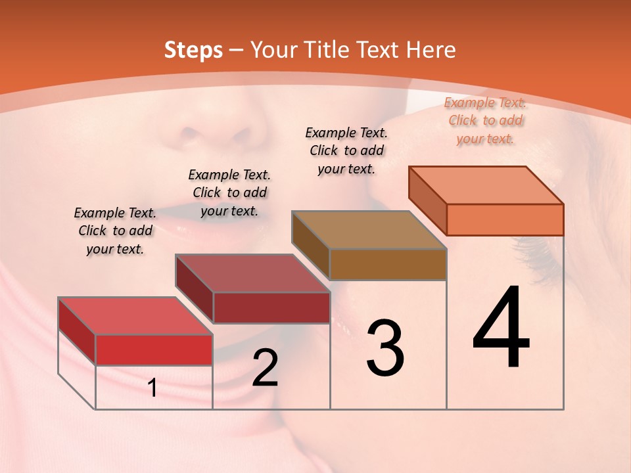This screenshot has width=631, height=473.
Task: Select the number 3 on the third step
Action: [x=385, y=348]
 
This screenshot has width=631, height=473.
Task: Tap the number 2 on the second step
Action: [x=265, y=368]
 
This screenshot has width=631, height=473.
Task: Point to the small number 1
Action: [x=152, y=388]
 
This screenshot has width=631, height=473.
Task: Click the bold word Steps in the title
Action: [x=193, y=50]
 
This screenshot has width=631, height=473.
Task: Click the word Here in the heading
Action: [x=431, y=50]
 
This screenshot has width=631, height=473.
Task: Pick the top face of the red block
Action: [x=135, y=316]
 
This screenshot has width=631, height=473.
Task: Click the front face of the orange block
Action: [x=505, y=219]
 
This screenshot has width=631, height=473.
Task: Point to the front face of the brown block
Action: [x=388, y=264]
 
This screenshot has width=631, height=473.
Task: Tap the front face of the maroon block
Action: [x=271, y=307]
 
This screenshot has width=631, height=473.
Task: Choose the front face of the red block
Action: [x=154, y=349]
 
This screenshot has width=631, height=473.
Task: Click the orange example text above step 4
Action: [x=485, y=120]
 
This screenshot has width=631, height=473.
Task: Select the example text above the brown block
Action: [x=346, y=150]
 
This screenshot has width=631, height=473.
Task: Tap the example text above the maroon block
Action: [x=229, y=192]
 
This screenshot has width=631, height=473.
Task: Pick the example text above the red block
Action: [x=115, y=231]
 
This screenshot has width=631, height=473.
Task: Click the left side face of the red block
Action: [x=77, y=330]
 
